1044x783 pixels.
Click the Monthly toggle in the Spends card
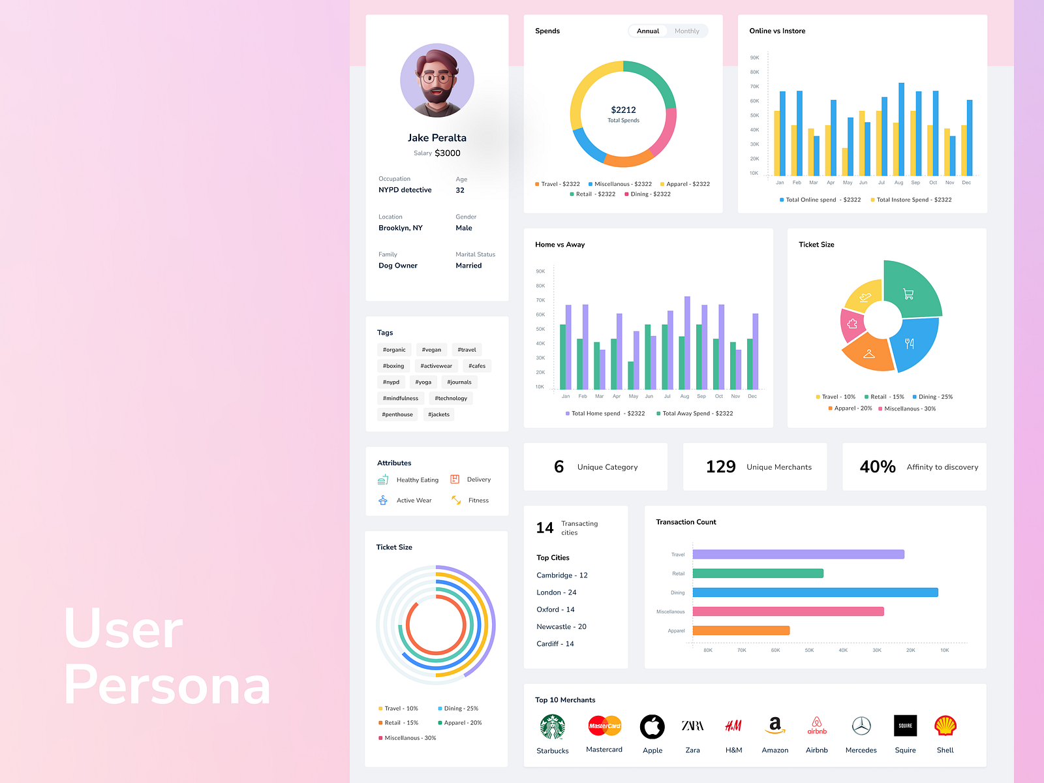[686, 31]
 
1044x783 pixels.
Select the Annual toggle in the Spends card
[648, 31]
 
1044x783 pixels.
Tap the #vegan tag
[431, 350]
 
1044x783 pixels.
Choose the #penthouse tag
[397, 414]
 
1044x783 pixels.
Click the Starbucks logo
[553, 727]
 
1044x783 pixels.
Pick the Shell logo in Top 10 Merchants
[945, 726]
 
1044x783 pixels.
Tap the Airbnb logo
[817, 726]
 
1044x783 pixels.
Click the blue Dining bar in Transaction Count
[815, 592]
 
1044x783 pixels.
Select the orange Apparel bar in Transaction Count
[741, 630]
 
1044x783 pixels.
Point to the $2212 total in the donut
[623, 110]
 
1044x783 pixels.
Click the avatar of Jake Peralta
[437, 80]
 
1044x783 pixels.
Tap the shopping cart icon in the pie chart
[908, 294]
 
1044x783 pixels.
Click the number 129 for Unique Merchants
[720, 467]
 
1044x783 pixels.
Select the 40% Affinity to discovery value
[878, 467]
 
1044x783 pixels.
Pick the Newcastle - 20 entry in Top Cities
[561, 626]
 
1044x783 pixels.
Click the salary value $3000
[448, 153]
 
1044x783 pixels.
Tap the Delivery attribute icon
[455, 480]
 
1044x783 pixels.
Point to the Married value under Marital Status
[468, 266]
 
